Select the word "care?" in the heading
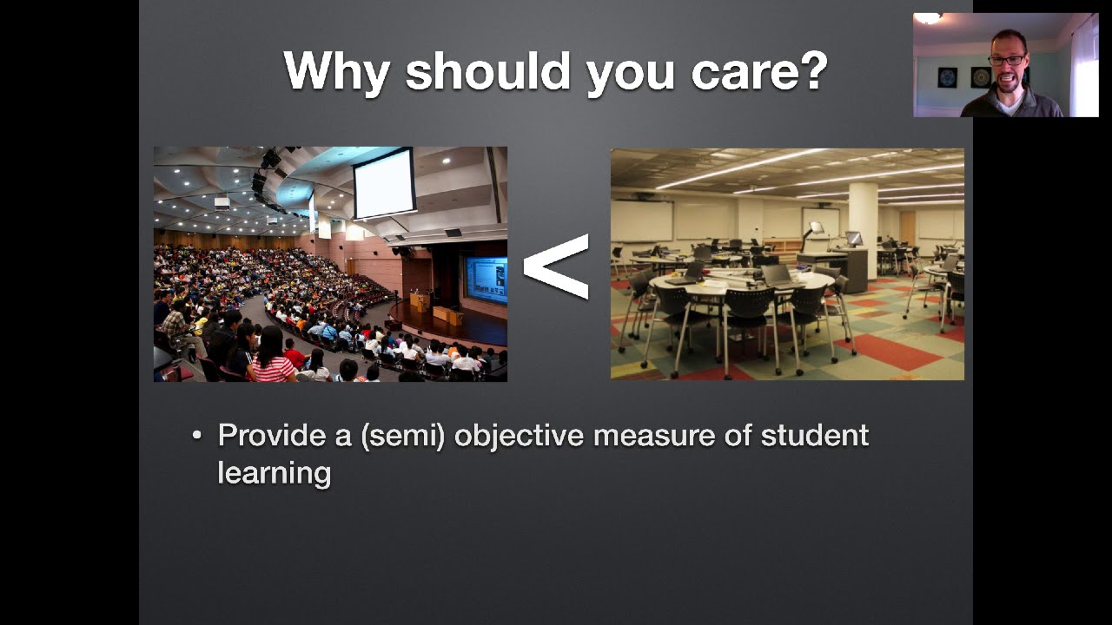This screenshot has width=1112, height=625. pos(759,71)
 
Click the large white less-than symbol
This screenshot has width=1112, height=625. pos(556,266)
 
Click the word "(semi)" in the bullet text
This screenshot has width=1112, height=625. pos(403,435)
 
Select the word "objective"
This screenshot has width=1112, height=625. pos(519,435)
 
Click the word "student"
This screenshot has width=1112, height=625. pos(814,435)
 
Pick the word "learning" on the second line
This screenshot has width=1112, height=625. pos(274,473)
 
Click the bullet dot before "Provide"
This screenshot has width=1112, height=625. pos(197,436)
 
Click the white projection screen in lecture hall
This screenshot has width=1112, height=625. pos(383,185)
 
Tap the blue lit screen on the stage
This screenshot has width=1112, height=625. pos(485,280)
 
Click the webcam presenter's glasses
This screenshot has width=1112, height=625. pos(1007,60)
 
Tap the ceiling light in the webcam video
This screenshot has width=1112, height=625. pos(929,18)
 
